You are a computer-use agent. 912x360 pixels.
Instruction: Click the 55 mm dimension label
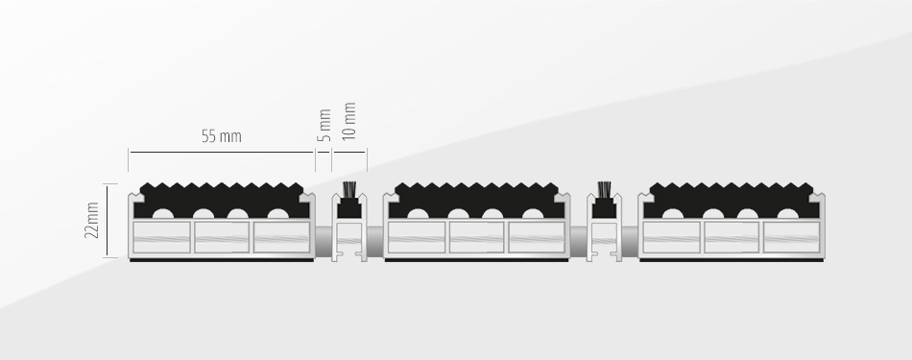tap(221, 136)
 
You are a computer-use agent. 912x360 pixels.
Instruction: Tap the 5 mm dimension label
tap(324, 125)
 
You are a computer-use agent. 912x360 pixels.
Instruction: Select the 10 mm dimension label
tap(349, 121)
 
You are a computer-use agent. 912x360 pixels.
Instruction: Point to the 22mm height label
tap(91, 220)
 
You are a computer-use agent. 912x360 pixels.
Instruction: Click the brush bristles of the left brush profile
tap(349, 189)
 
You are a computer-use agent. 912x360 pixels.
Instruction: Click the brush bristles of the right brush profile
tap(604, 189)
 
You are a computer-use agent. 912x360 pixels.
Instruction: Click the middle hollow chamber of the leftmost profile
tap(222, 237)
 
